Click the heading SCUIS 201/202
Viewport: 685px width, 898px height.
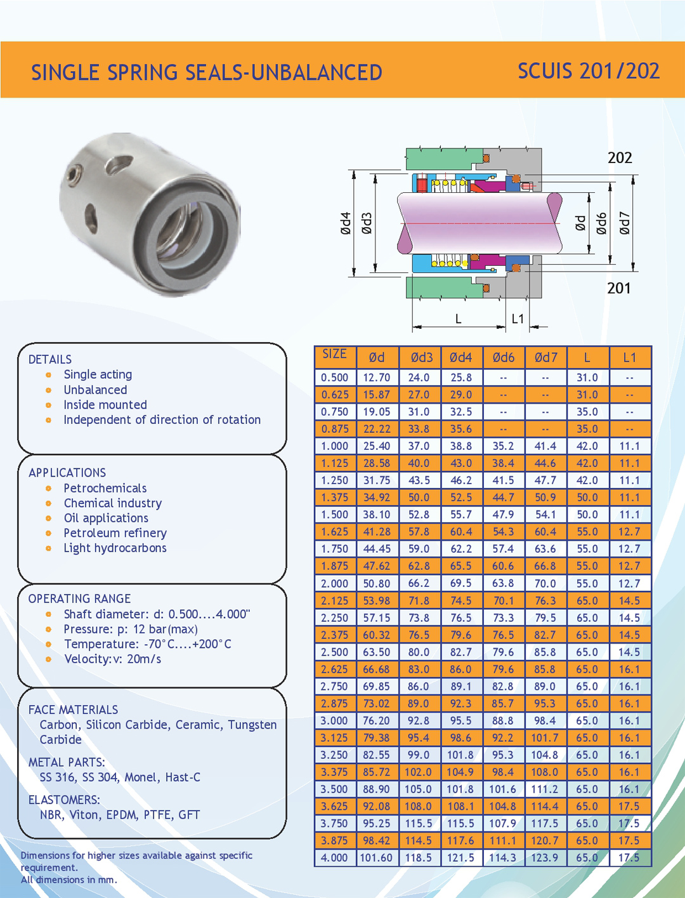[x=589, y=71]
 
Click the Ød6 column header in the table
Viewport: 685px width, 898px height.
[x=504, y=358]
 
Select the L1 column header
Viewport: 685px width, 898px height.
[x=629, y=358]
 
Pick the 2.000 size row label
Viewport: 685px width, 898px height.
[x=334, y=583]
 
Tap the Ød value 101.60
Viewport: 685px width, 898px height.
[x=376, y=858]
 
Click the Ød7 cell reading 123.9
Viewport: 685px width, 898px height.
[x=545, y=858]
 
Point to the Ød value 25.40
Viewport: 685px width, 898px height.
[x=376, y=446]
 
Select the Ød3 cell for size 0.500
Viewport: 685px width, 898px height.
[x=419, y=378]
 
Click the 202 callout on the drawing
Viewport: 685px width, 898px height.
[x=620, y=158]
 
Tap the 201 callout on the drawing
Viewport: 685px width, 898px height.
[x=619, y=288]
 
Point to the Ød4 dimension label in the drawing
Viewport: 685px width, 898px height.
[x=346, y=223]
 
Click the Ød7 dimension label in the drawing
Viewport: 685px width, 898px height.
[x=625, y=223]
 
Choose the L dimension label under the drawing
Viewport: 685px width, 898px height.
[x=459, y=319]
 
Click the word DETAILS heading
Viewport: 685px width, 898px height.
[x=50, y=359]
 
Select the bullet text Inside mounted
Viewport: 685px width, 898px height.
[x=105, y=405]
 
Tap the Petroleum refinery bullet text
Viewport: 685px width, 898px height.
[x=115, y=533]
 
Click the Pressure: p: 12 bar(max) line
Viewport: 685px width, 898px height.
[x=131, y=629]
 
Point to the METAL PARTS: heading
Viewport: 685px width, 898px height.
[x=67, y=762]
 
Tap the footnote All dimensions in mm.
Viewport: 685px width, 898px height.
[x=69, y=880]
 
